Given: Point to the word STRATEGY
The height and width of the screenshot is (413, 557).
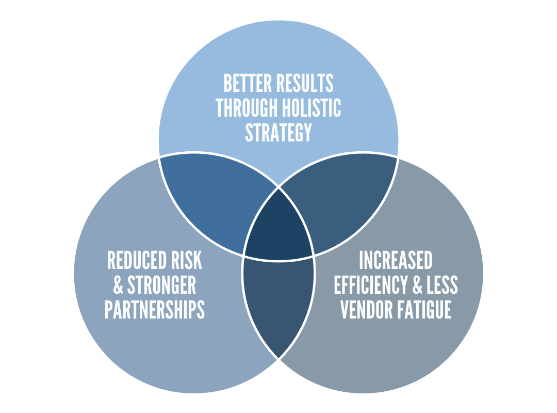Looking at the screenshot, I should pyautogui.click(x=278, y=133).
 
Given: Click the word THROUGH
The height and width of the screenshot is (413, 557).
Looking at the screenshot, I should pyautogui.click(x=247, y=108).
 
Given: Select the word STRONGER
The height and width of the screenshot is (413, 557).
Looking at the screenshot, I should pyautogui.click(x=162, y=285).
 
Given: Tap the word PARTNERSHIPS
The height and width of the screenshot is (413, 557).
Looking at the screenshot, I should pyautogui.click(x=155, y=310).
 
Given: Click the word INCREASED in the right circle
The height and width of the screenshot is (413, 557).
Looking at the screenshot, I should pyautogui.click(x=396, y=261).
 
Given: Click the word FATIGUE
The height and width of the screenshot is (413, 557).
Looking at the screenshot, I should pyautogui.click(x=427, y=310).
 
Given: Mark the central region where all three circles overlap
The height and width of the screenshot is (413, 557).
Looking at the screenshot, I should pyautogui.click(x=278, y=227).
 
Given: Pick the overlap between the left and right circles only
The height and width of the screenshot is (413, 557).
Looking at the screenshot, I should pyautogui.click(x=278, y=305).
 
